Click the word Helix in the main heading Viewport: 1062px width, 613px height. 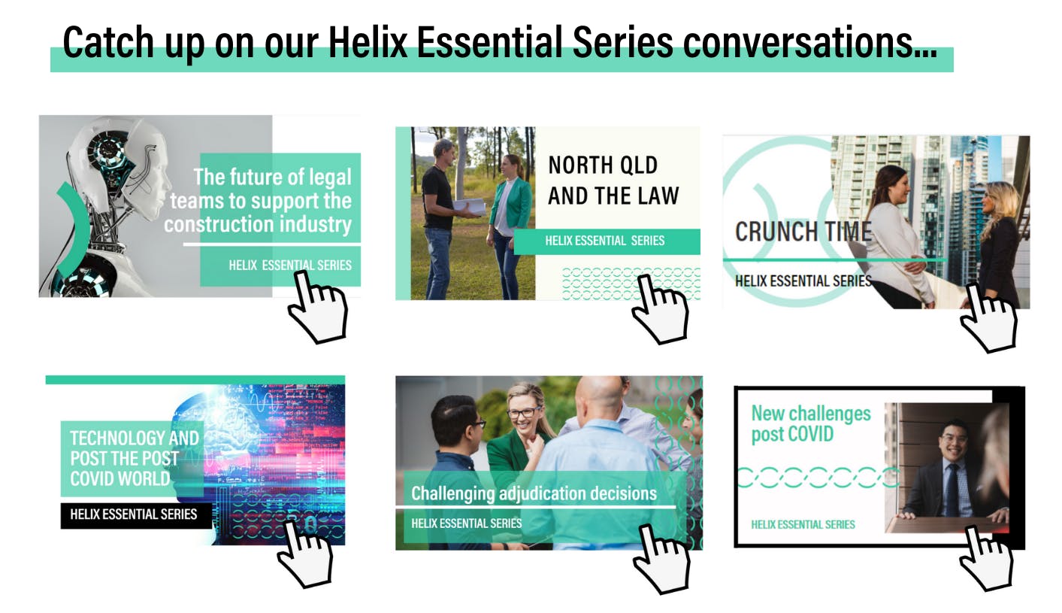tap(368, 43)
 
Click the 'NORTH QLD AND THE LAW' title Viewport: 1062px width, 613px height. tap(613, 181)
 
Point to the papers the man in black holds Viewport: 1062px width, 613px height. tap(469, 206)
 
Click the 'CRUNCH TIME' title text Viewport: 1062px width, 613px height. tap(803, 232)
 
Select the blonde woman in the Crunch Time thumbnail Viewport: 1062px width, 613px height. tap(1001, 242)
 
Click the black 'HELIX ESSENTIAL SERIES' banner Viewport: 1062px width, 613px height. tap(136, 514)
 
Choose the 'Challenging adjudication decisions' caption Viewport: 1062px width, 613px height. tap(534, 493)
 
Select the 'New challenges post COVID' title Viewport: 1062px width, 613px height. tap(811, 423)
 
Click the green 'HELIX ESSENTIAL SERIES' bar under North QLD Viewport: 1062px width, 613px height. tap(607, 241)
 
